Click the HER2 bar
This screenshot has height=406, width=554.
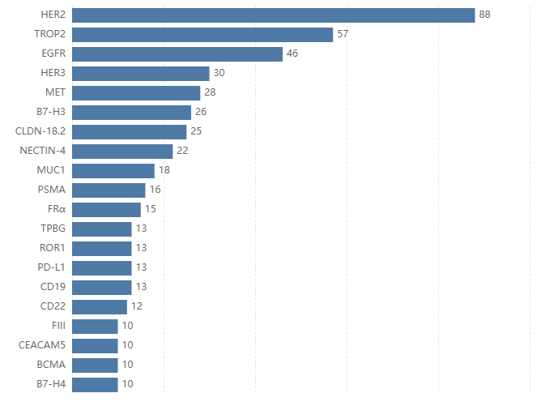pyautogui.click(x=273, y=15)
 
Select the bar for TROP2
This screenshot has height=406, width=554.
pyautogui.click(x=202, y=35)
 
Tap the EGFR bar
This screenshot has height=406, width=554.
pyautogui.click(x=177, y=54)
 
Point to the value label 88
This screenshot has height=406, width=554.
pyautogui.click(x=485, y=15)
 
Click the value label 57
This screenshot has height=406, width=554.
pyautogui.click(x=343, y=35)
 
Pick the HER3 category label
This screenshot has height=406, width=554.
pyautogui.click(x=53, y=74)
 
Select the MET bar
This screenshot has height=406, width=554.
pyautogui.click(x=136, y=93)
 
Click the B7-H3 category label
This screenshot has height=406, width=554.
pyautogui.click(x=51, y=113)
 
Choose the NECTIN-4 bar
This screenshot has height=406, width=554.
pyautogui.click(x=122, y=152)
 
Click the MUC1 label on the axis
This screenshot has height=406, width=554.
pyautogui.click(x=51, y=171)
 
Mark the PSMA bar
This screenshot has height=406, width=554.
pyautogui.click(x=109, y=190)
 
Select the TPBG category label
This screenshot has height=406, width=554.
pyautogui.click(x=53, y=229)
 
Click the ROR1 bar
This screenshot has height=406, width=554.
pyautogui.click(x=102, y=249)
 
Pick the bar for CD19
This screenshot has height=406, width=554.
pyautogui.click(x=102, y=288)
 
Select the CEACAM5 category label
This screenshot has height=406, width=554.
pyautogui.click(x=42, y=346)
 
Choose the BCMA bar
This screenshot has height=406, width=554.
pyautogui.click(x=95, y=365)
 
